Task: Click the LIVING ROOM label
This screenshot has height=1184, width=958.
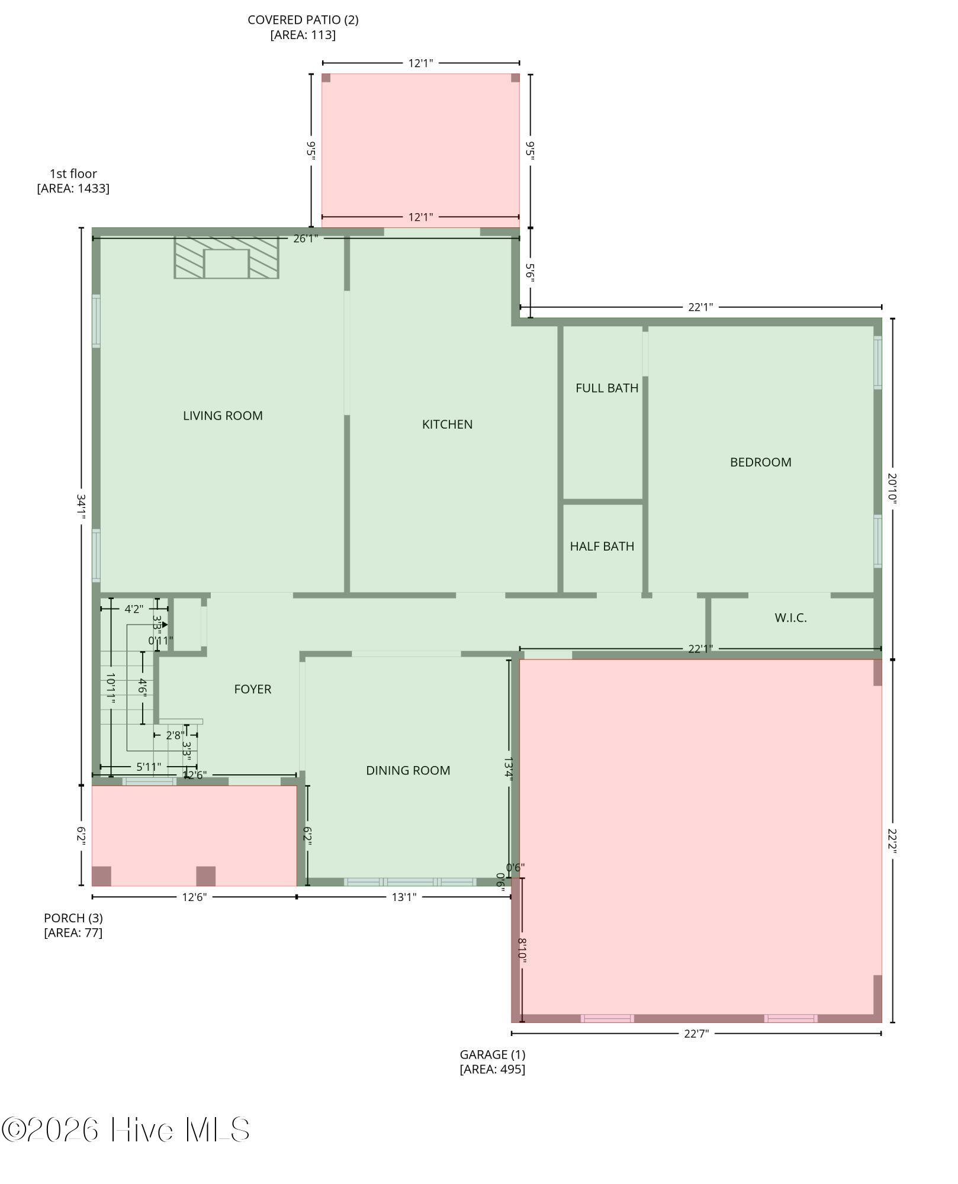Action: tap(223, 416)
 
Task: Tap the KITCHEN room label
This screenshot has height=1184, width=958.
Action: tap(447, 424)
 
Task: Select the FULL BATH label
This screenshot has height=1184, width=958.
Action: tap(607, 388)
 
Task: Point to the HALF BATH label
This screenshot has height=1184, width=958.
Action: tap(602, 546)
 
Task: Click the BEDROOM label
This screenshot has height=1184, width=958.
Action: tap(760, 462)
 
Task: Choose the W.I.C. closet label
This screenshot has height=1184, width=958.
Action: tap(790, 617)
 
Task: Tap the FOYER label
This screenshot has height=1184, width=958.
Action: tap(253, 689)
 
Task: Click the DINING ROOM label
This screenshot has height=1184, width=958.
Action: tap(408, 770)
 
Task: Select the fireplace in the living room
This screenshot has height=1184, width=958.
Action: tap(226, 257)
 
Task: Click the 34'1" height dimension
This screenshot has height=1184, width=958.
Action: tap(81, 507)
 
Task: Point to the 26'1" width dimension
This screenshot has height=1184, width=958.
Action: tap(306, 239)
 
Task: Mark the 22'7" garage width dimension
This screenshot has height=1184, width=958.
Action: tap(696, 1034)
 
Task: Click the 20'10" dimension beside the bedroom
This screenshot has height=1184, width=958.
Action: tap(892, 488)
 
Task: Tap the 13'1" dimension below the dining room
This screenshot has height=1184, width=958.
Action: tap(404, 897)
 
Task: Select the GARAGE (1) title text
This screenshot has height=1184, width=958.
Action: tap(493, 1054)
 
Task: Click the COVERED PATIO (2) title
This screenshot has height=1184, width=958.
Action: tap(303, 20)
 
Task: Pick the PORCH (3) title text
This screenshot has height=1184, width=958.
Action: tap(73, 918)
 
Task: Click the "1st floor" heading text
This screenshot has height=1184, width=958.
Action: tap(73, 173)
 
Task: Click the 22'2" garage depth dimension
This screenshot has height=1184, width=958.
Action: tap(892, 841)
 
